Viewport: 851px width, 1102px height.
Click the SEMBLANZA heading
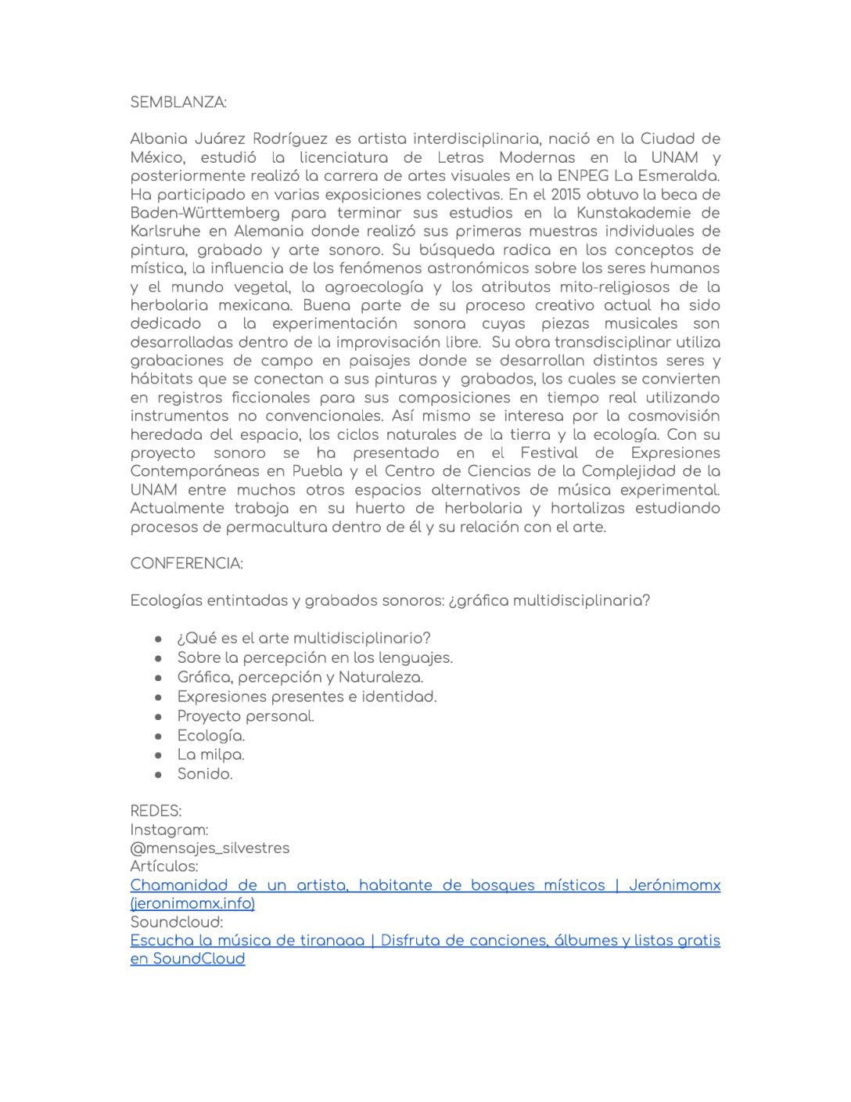(x=178, y=103)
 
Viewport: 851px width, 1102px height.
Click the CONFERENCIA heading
(x=186, y=564)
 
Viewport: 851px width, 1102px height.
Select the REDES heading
(x=156, y=811)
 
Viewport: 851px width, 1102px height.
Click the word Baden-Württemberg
(x=205, y=213)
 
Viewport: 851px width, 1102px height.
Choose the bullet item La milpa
(x=210, y=754)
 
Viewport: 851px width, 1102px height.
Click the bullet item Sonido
(x=205, y=774)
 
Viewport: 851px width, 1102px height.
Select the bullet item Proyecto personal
(x=246, y=716)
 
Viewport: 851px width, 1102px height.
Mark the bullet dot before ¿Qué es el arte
(x=159, y=639)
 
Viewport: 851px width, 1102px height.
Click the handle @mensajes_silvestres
(x=210, y=848)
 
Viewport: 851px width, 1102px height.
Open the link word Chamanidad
(x=179, y=885)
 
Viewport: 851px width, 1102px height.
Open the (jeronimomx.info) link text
(x=192, y=904)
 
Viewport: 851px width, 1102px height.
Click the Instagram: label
(x=169, y=830)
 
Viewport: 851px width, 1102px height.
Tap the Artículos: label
(x=164, y=866)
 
